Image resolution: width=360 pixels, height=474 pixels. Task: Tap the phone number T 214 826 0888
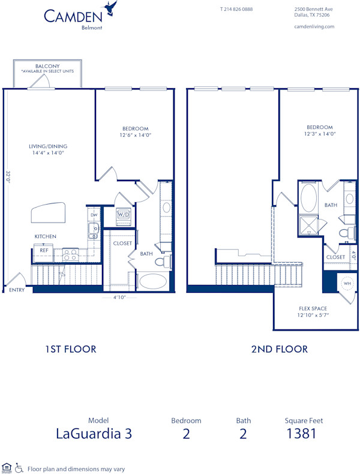[236, 10]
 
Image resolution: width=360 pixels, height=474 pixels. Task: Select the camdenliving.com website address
[314, 26]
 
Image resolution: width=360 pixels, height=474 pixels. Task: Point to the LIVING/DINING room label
[48, 146]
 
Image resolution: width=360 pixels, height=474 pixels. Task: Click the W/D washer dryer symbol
[124, 214]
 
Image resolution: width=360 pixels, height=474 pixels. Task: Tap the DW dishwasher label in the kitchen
[94, 214]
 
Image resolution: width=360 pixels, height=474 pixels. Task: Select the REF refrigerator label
[44, 250]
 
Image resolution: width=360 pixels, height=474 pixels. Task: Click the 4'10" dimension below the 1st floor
[120, 297]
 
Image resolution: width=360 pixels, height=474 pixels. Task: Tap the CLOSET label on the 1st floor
[122, 243]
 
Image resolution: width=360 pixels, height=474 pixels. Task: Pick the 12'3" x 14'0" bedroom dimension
[319, 135]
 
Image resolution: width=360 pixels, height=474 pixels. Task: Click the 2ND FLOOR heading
[279, 349]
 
